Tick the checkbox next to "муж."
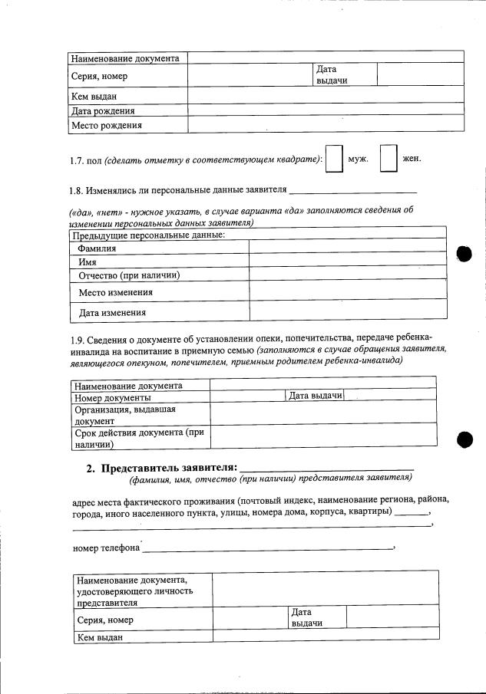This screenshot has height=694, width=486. (x=334, y=159)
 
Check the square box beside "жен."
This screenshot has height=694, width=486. (x=388, y=159)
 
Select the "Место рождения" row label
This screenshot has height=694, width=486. (x=107, y=125)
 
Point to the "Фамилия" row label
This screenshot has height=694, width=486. (x=98, y=248)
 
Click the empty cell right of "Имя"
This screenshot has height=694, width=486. (x=348, y=261)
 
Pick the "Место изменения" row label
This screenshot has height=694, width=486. (x=116, y=292)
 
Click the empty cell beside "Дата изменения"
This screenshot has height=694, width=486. (x=348, y=311)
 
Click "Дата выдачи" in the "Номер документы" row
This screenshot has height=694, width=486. (x=315, y=395)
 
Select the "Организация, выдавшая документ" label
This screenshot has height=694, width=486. (x=125, y=415)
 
